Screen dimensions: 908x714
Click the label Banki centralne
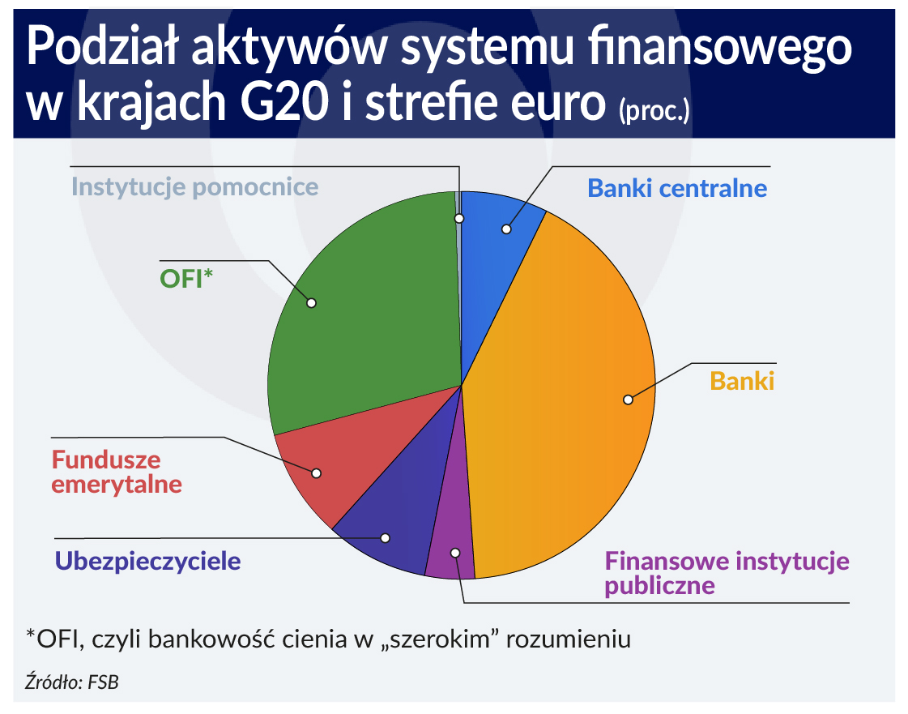tap(677, 188)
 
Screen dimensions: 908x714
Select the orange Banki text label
tap(742, 382)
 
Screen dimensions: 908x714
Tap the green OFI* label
tap(186, 279)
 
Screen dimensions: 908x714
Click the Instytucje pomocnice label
tap(194, 187)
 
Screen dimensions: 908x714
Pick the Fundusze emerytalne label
tap(117, 472)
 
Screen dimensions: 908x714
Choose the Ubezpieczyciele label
tap(147, 561)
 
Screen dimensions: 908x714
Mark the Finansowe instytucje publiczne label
tap(727, 573)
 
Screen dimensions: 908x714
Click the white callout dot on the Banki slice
tap(629, 400)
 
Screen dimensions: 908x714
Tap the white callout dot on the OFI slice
tap(312, 302)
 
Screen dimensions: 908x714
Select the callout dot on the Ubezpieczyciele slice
tap(385, 538)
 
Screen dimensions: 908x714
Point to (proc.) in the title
tap(654, 110)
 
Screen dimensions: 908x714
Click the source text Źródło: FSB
tap(72, 682)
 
